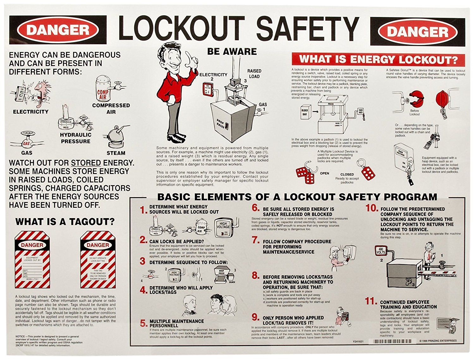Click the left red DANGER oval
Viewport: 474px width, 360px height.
[58, 30]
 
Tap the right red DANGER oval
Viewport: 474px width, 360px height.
[417, 32]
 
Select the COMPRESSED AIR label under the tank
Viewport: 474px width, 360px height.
[111, 109]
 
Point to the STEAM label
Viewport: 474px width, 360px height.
[116, 153]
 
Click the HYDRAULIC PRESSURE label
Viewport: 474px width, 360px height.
[76, 138]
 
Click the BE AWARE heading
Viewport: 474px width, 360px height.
[232, 51]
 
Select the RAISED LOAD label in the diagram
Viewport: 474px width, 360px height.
[254, 74]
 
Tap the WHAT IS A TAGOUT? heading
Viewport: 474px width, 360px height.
[65, 222]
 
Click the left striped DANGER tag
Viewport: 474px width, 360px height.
[32, 260]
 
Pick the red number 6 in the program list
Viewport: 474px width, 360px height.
[256, 208]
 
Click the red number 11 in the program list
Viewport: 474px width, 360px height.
[371, 301]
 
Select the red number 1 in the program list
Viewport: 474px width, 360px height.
[144, 210]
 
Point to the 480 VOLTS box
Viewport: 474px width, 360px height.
[381, 251]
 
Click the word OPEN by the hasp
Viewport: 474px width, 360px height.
[324, 173]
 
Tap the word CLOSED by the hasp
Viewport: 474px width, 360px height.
[347, 174]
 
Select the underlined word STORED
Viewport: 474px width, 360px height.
[86, 163]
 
